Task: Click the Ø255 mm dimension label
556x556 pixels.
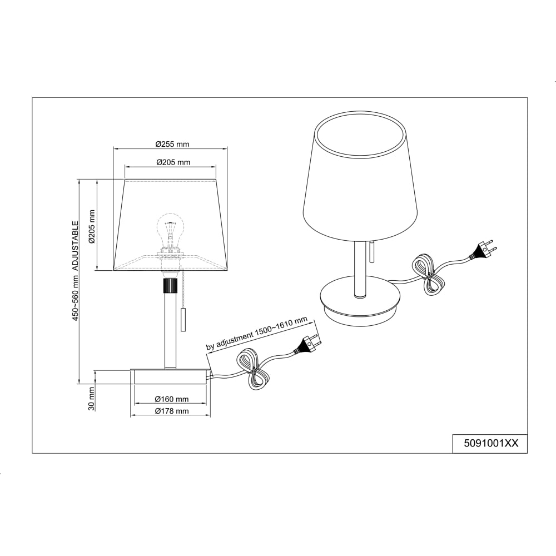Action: [172, 145]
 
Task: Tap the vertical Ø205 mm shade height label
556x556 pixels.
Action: [92, 226]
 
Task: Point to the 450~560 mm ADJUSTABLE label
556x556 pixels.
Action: [75, 271]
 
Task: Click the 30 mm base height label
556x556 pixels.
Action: [92, 399]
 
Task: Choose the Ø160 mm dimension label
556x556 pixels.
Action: [172, 399]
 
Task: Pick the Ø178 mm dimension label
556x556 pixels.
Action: [172, 411]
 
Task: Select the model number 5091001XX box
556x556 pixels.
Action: [491, 444]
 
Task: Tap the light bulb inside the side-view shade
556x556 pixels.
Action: [170, 232]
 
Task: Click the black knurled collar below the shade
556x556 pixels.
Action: [170, 285]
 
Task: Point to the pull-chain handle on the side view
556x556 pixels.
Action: [183, 320]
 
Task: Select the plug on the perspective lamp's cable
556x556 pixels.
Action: [483, 250]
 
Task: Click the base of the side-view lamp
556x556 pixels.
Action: [171, 376]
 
